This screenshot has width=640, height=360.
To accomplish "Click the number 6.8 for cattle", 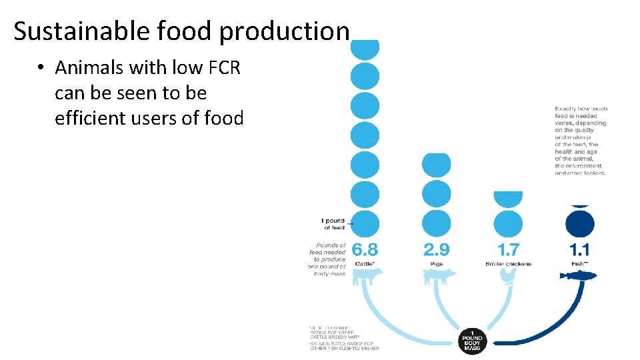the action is [x=365, y=250].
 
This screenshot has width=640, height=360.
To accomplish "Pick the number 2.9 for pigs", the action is [x=437, y=250].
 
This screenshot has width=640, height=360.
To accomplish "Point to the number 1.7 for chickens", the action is [x=508, y=250].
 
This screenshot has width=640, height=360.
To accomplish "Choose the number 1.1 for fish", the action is [x=579, y=250].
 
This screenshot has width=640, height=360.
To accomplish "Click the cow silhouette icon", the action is [x=365, y=276].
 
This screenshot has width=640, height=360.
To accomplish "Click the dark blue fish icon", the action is [x=579, y=275].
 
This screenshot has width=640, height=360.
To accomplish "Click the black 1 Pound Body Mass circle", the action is [x=472, y=341].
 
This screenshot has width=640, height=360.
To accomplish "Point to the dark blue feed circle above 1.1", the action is [x=579, y=223].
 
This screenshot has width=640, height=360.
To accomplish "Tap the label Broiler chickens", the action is [x=508, y=264].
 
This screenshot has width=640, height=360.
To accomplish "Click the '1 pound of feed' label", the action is [x=334, y=224].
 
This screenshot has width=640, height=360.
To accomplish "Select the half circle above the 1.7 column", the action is [x=508, y=198].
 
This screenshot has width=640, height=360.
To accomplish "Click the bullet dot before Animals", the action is [x=41, y=68].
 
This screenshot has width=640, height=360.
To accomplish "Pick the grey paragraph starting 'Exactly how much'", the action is [x=580, y=141].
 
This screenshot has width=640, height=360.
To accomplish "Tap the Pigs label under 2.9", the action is [x=437, y=264].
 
